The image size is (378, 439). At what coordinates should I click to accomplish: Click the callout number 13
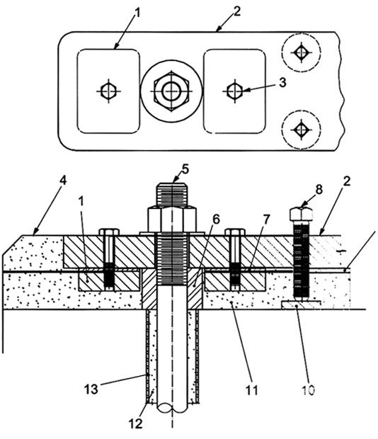click(x=91, y=389)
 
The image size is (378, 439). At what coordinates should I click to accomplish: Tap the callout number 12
click(x=136, y=424)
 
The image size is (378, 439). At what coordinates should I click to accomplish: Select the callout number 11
click(x=251, y=390)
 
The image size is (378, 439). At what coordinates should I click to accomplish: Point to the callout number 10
click(x=308, y=390)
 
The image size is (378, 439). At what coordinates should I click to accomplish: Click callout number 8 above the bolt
click(x=319, y=189)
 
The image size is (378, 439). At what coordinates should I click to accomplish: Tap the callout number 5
click(x=185, y=169)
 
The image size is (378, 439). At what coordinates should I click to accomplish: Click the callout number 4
click(x=64, y=181)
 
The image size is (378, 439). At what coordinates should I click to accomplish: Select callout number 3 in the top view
click(x=282, y=82)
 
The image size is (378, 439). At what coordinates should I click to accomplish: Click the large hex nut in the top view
click(x=171, y=91)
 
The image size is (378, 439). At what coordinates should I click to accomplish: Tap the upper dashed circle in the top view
click(x=301, y=52)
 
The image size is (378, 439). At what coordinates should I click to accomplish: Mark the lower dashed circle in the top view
click(x=301, y=130)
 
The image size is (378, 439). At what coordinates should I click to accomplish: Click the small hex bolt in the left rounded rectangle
click(x=108, y=91)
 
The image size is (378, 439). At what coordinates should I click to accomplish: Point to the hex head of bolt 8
click(x=301, y=214)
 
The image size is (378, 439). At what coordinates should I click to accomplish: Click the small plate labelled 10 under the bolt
click(x=301, y=305)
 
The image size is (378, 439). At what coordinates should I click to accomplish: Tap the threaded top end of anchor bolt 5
click(x=172, y=194)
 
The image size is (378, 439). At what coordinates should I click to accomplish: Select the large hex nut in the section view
click(x=172, y=219)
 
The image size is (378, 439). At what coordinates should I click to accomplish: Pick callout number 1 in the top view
click(x=137, y=13)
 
